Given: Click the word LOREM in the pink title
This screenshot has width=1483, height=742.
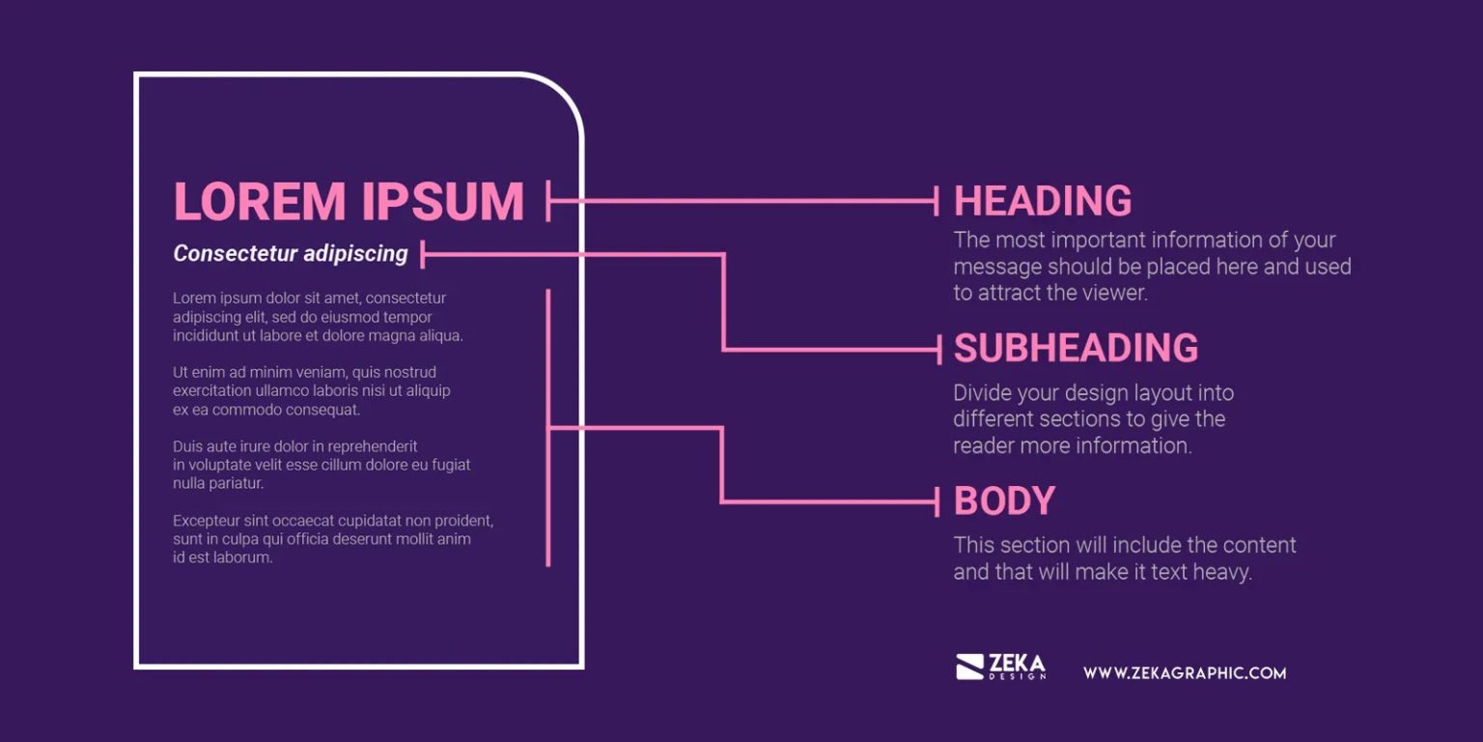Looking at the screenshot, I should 259,201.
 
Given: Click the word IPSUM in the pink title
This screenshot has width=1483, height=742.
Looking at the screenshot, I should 443,201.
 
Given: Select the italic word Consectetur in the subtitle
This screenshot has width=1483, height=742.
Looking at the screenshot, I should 236,254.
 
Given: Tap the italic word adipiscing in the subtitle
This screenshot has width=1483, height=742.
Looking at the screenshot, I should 356,254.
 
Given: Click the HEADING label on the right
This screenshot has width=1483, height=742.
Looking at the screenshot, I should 1042,201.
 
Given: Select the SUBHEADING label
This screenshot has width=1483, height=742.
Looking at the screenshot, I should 1076,348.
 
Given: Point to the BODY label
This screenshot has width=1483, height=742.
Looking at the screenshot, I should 1004,501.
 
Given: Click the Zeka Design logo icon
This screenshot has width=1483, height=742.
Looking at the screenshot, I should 969,667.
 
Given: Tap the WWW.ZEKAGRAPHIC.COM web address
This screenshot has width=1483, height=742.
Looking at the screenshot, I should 1185,672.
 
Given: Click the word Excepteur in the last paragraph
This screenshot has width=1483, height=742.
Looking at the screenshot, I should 205,521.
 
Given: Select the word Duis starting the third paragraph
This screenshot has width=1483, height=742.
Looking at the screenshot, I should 187,446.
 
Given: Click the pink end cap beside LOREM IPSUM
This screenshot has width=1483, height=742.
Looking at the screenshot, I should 548,201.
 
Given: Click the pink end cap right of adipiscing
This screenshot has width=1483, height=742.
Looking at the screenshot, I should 423,254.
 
